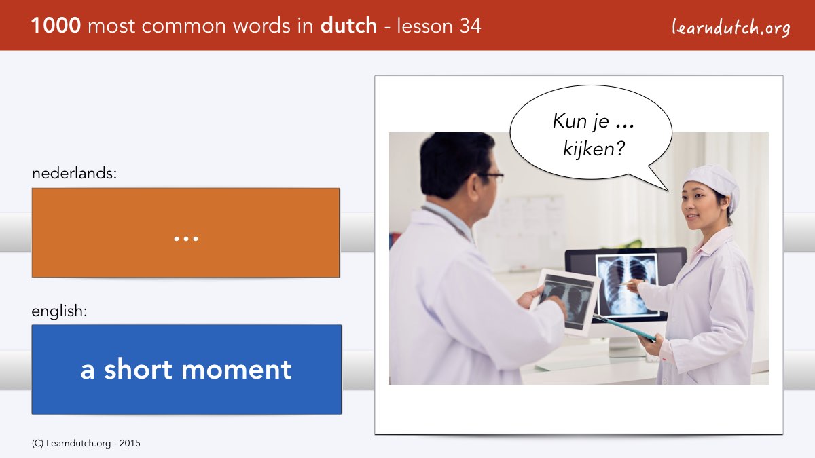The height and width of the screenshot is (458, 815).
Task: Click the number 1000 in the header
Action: click(56, 26)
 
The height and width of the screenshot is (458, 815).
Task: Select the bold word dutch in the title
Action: click(348, 25)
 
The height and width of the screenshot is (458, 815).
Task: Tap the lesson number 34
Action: click(470, 26)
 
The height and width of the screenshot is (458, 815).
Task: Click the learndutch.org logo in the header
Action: click(731, 28)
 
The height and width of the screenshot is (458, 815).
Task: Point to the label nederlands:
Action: click(74, 173)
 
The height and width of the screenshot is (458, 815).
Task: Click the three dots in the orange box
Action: click(186, 239)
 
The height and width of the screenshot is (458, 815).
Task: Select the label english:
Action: click(59, 311)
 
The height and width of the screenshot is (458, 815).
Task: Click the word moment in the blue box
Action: click(236, 370)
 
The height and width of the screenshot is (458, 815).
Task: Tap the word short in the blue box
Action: click(138, 368)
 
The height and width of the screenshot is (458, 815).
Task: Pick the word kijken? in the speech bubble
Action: click(594, 149)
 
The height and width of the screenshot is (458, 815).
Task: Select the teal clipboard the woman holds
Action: click(624, 328)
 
